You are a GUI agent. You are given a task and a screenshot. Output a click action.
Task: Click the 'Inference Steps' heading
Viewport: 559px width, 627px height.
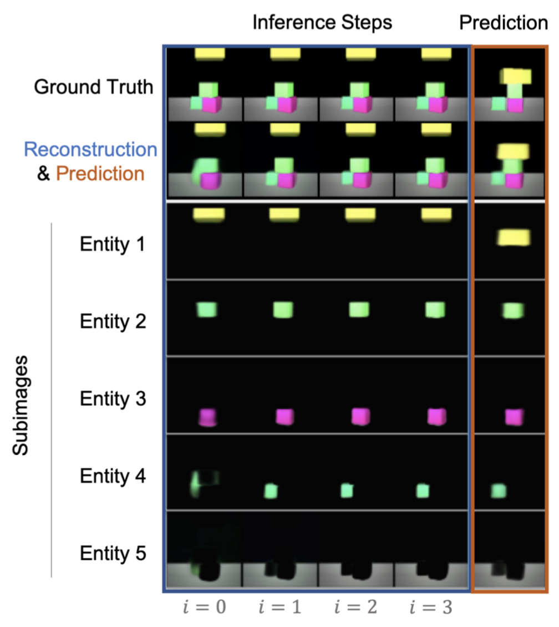coord(322,23)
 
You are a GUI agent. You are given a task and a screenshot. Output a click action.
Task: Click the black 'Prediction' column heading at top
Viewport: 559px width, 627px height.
coord(503,23)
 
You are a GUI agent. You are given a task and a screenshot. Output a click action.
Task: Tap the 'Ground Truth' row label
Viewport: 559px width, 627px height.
coord(93,87)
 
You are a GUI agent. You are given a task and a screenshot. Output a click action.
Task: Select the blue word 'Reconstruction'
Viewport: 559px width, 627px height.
coord(90,149)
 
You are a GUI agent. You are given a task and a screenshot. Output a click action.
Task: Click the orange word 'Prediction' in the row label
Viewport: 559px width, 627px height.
coord(100,174)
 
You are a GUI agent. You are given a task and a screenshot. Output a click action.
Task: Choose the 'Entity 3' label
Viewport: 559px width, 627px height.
coord(113,398)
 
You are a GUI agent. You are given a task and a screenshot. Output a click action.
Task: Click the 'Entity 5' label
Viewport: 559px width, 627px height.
coord(113,553)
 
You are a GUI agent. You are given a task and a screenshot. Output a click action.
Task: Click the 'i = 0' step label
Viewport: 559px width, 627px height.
coord(204,607)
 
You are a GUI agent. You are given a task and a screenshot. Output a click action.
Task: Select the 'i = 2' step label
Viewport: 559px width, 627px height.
coord(355,607)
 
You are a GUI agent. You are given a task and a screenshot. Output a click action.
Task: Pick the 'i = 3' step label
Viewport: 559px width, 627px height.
coord(431,607)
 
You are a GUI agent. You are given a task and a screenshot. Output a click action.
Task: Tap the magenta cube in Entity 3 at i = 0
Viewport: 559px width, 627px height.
coord(207,417)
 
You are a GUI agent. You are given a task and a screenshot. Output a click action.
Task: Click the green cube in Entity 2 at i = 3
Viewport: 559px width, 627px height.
coord(434,310)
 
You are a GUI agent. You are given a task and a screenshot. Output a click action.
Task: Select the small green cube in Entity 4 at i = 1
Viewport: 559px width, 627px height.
coord(271,491)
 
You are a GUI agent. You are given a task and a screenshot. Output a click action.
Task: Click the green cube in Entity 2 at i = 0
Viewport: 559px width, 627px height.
coord(206,309)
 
